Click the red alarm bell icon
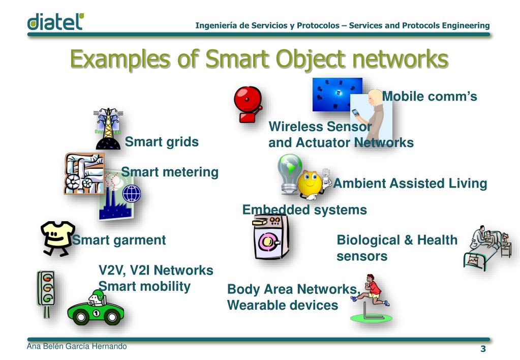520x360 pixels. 248,104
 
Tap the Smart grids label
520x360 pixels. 162,142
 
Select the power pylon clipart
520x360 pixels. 108,128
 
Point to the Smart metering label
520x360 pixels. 170,172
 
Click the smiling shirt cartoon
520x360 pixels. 57,238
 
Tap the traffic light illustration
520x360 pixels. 46,292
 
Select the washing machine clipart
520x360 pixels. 271,236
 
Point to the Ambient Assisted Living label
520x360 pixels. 410,184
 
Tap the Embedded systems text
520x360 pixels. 304,209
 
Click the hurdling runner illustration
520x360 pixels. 372,297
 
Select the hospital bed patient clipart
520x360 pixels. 486,248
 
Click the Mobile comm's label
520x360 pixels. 430,96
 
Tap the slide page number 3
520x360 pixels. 483,349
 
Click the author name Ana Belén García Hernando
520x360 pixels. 77,347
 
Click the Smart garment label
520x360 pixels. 119,240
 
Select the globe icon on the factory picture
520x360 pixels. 131,194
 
